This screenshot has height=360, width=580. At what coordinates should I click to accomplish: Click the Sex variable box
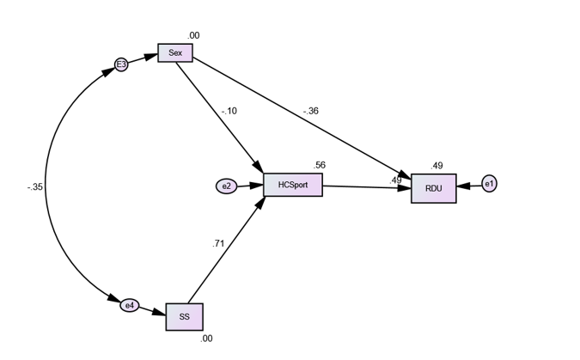click(175, 53)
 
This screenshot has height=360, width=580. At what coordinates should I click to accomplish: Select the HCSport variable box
click(293, 185)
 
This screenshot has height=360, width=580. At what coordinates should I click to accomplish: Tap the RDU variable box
click(433, 188)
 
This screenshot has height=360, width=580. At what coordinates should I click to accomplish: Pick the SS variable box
click(184, 316)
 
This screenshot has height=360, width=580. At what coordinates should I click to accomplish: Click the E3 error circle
click(121, 64)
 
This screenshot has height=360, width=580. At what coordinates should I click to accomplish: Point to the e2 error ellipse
click(227, 186)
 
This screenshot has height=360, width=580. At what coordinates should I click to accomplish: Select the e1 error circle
click(489, 184)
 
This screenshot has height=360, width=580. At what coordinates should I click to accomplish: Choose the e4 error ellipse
click(130, 305)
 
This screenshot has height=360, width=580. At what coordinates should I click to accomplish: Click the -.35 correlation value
click(34, 186)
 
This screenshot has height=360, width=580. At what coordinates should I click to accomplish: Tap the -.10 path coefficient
click(229, 111)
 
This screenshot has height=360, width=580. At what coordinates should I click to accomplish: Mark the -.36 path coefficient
click(310, 111)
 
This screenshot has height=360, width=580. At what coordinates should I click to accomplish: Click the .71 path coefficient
click(218, 244)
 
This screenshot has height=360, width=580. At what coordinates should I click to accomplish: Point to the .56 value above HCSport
click(320, 165)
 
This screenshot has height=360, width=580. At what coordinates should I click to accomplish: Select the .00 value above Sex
click(194, 35)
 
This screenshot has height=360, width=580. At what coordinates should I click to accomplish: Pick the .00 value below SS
click(206, 339)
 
